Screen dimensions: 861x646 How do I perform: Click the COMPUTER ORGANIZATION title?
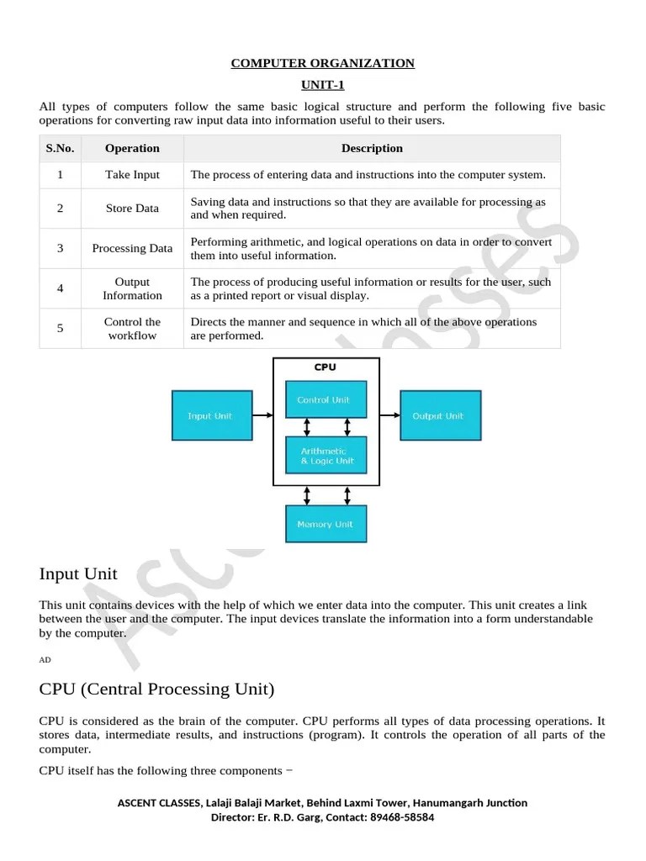click(323, 63)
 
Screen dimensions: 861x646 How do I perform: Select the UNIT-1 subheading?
click(323, 85)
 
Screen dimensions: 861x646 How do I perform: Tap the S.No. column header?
click(60, 148)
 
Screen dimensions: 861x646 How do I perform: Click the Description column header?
click(372, 148)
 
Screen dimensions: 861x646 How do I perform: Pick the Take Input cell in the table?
click(132, 175)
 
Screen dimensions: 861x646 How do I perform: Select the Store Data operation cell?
click(132, 209)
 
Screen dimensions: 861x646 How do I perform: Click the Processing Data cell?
click(132, 248)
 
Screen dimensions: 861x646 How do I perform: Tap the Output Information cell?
click(132, 288)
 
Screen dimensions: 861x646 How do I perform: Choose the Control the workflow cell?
click(132, 328)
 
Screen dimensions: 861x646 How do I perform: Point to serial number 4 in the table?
click(60, 288)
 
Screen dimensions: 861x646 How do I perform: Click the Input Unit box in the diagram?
click(211, 415)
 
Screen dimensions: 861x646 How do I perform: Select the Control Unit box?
click(326, 399)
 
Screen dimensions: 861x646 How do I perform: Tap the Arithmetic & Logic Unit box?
click(326, 456)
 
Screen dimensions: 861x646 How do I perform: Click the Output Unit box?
click(440, 415)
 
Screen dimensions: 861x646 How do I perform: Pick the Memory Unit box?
click(326, 524)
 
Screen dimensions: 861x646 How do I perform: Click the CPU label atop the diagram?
click(325, 367)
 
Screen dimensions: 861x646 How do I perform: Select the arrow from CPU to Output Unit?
click(389, 415)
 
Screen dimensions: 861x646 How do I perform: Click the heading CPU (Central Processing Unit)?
click(156, 689)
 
